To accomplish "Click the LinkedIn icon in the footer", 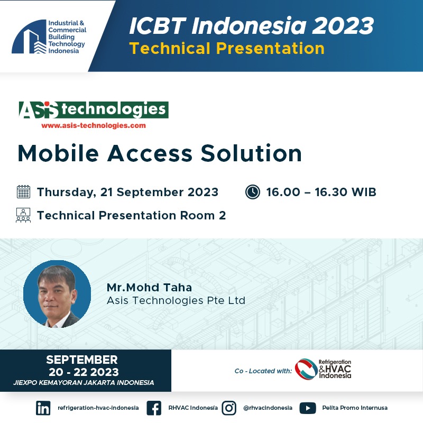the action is [x=43, y=408].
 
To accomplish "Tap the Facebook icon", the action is [x=154, y=408].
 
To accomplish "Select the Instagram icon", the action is [x=229, y=408].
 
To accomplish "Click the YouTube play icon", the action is [x=308, y=408].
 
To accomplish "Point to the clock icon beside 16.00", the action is [x=253, y=192].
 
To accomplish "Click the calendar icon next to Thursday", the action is [x=23, y=192].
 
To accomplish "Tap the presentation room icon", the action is [x=23, y=215].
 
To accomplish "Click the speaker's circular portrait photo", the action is [x=57, y=294].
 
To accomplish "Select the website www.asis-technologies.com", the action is [x=94, y=125].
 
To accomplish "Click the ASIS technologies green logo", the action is [x=94, y=110].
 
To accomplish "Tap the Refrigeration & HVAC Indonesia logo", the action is [x=323, y=369].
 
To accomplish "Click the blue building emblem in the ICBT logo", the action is [x=29, y=36].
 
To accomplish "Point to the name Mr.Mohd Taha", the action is [x=150, y=288].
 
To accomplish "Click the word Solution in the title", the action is [x=251, y=153].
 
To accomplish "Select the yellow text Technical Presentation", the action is [x=227, y=49].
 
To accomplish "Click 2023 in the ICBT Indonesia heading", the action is [x=343, y=26].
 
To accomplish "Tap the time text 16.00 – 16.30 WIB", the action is [x=321, y=192].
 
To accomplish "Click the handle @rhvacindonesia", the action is [x=268, y=408].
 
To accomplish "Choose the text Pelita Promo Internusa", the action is [x=355, y=408].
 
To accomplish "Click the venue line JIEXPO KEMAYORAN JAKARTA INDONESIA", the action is [x=84, y=382].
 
